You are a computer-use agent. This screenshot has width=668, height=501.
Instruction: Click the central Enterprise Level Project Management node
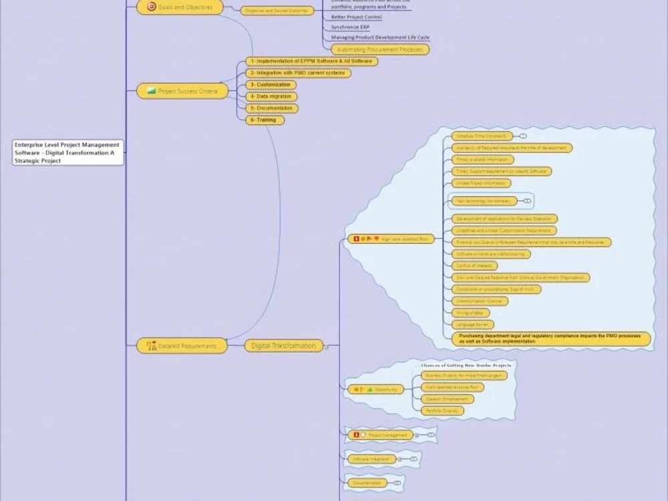(x=68, y=152)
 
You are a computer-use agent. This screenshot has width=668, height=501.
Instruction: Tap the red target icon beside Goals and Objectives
(x=151, y=7)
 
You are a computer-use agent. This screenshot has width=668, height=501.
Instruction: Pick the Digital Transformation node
(x=284, y=345)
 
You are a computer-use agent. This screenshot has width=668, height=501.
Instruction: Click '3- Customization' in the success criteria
(x=270, y=85)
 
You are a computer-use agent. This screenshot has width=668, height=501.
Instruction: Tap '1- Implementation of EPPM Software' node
(x=310, y=61)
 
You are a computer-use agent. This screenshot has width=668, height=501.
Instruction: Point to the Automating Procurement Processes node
(x=379, y=49)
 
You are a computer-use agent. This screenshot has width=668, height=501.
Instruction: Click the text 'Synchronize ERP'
(x=350, y=27)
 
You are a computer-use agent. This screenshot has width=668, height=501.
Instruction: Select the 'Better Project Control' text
(x=356, y=17)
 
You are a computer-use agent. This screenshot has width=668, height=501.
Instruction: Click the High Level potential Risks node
(x=391, y=238)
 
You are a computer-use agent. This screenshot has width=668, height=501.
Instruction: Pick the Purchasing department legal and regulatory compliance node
(x=550, y=338)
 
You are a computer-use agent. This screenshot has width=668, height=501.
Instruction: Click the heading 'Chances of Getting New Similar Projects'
(x=466, y=365)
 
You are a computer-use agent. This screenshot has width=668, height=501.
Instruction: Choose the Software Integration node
(x=371, y=459)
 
